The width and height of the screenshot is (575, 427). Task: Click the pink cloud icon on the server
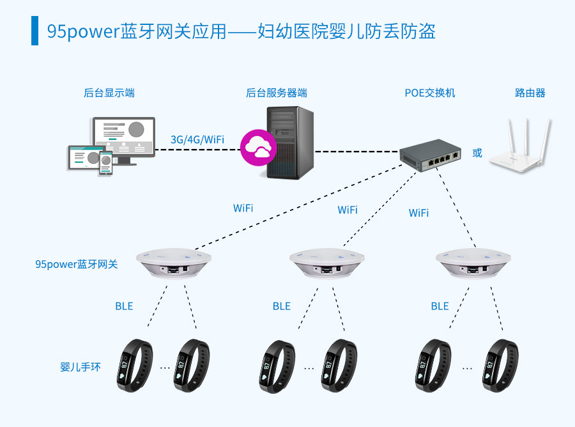click(258, 147)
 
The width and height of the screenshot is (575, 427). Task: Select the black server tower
click(290, 143)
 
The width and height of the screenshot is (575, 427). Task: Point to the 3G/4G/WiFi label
click(197, 139)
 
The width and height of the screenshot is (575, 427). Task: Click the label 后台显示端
click(109, 93)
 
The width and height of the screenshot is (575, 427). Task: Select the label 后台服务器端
click(277, 93)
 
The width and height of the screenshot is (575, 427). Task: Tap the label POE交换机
click(430, 93)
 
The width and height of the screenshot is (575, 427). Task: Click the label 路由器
click(530, 93)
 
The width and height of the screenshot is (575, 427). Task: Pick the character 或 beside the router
click(477, 153)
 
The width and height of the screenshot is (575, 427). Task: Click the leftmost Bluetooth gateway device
click(172, 263)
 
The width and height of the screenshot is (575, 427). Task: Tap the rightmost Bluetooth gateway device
click(473, 263)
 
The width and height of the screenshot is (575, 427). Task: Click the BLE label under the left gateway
click(124, 306)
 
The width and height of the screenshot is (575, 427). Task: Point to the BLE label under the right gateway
click(440, 306)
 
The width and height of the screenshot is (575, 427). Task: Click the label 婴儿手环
click(80, 368)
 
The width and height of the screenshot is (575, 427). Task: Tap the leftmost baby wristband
click(136, 365)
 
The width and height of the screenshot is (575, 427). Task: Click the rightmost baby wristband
click(500, 365)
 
